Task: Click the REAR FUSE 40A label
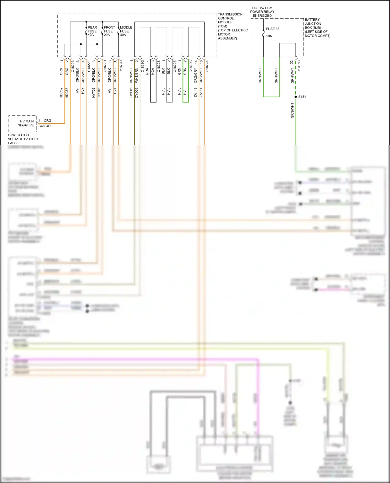click(92, 31)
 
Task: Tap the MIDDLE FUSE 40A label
click(126, 31)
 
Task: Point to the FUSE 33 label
click(272, 29)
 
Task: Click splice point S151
click(296, 97)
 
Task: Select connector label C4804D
click(44, 126)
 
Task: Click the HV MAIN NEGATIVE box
click(23, 124)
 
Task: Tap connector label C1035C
click(299, 66)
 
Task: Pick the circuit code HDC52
click(61, 93)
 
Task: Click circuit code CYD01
click(131, 93)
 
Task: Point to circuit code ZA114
click(201, 93)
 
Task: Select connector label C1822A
click(207, 66)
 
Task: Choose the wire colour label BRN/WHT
click(131, 76)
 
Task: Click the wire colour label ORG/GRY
click(196, 76)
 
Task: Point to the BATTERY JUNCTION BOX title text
click(317, 28)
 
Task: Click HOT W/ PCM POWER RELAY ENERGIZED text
click(262, 12)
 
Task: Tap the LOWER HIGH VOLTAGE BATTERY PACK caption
click(23, 139)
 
